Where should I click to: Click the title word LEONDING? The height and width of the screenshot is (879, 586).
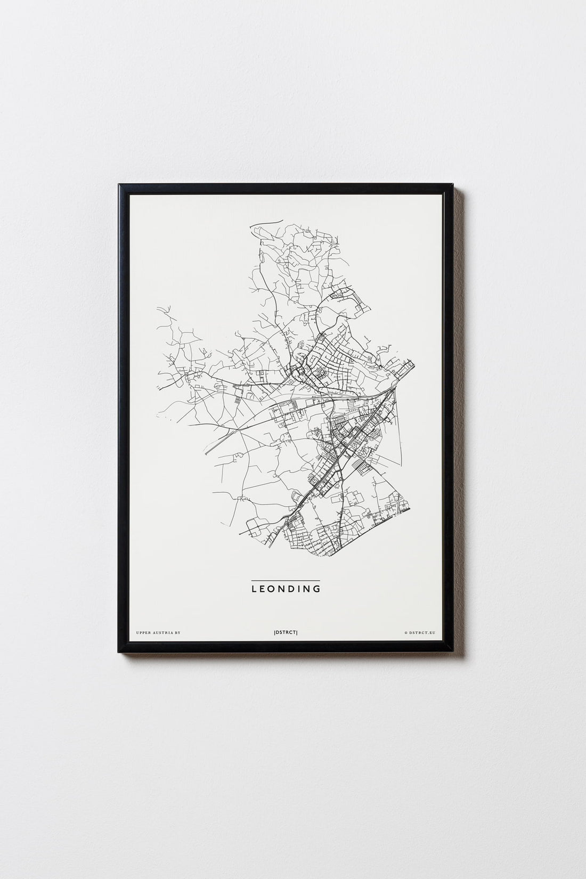click(x=286, y=589)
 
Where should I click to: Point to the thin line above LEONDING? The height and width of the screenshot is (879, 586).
click(x=286, y=580)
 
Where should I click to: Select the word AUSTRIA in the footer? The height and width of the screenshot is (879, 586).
click(x=165, y=632)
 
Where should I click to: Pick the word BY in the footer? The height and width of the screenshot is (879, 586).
click(x=178, y=632)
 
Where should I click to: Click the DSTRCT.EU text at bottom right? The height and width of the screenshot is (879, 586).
click(x=422, y=632)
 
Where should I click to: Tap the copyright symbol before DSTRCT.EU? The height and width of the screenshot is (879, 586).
click(x=406, y=632)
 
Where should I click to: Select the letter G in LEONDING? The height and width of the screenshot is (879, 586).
click(x=318, y=589)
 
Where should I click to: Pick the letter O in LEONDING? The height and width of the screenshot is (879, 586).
click(x=271, y=589)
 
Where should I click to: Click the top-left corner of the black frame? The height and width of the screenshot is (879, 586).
click(x=120, y=185)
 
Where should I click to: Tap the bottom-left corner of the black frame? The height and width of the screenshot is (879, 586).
click(x=120, y=653)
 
